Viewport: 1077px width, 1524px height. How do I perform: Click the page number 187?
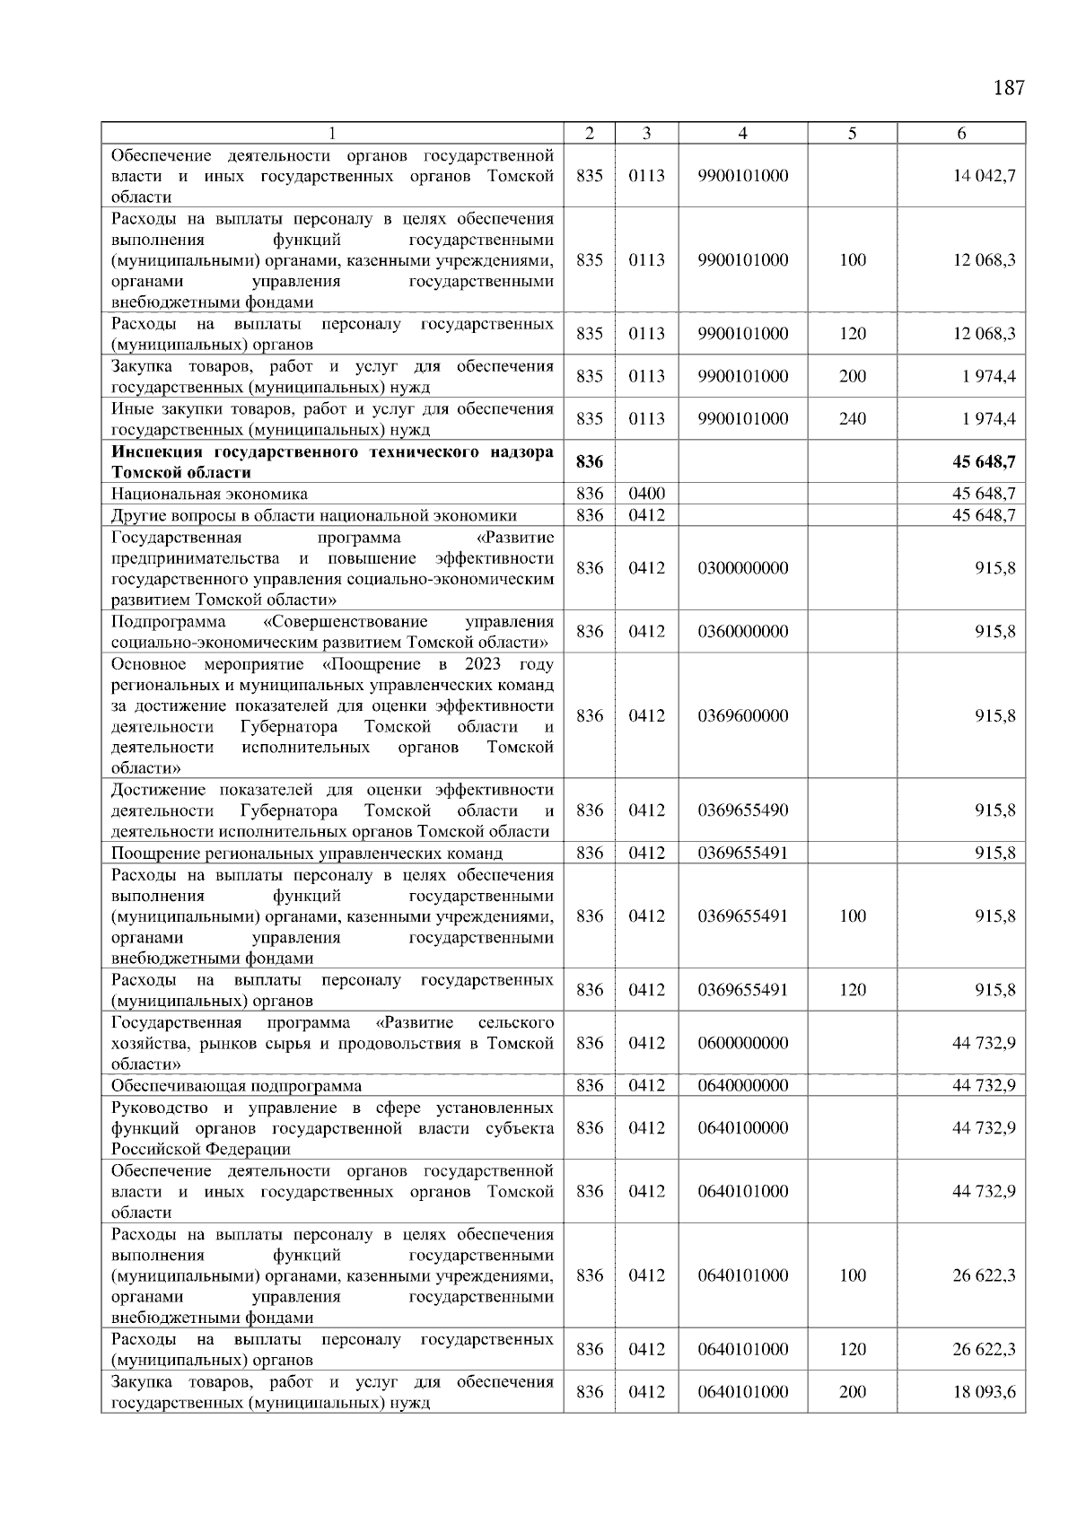click(x=1009, y=88)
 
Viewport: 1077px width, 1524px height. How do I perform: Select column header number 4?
click(x=742, y=133)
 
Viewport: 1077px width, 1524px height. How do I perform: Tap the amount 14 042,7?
click(x=984, y=176)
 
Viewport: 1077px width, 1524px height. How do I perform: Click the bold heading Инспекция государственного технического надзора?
click(x=332, y=452)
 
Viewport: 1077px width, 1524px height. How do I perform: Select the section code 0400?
click(x=646, y=494)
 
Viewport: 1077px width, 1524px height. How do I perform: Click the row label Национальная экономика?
click(x=209, y=494)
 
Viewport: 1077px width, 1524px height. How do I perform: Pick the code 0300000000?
click(x=742, y=568)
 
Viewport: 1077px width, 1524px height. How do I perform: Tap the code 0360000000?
click(x=742, y=632)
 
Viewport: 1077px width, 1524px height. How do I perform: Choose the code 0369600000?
click(x=742, y=716)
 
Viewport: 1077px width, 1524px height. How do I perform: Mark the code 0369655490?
click(x=742, y=810)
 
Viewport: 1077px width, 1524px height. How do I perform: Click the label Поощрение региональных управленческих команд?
click(x=307, y=854)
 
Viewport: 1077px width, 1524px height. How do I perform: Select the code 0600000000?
click(x=742, y=1043)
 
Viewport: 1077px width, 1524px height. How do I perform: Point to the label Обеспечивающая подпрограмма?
click(x=236, y=1086)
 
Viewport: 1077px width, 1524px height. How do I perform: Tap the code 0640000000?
click(x=742, y=1086)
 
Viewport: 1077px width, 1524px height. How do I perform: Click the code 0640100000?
click(x=742, y=1128)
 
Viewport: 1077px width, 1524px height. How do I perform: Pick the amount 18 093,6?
click(x=984, y=1392)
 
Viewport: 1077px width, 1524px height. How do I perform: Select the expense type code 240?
click(x=852, y=419)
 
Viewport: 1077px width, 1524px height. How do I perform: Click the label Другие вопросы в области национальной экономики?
click(x=314, y=515)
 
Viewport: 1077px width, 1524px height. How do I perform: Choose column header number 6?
click(x=961, y=133)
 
